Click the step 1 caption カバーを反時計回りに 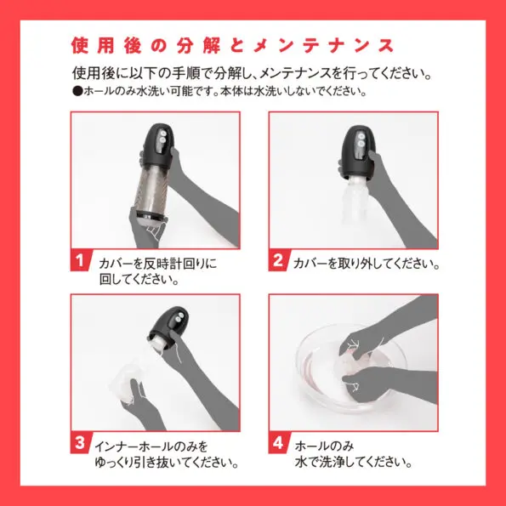(157, 264)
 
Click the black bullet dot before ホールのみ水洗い (76, 91)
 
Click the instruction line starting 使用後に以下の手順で (253, 72)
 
